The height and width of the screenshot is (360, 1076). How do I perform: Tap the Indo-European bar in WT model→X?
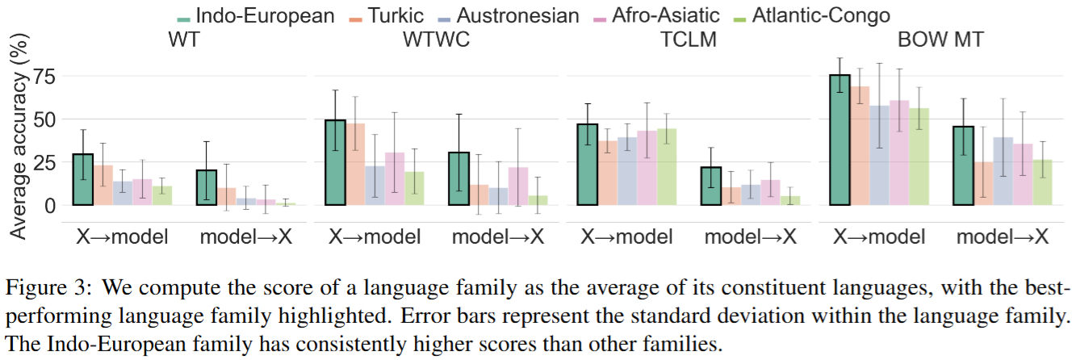click(207, 187)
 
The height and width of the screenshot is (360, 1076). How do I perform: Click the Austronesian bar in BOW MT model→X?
click(1003, 170)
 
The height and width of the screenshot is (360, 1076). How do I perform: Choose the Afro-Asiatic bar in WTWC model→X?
click(518, 186)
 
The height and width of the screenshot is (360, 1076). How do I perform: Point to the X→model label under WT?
click(122, 237)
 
